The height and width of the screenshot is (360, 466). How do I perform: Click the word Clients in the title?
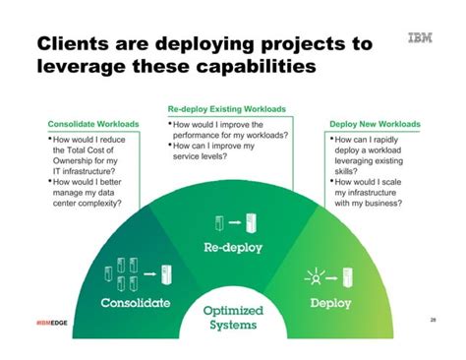[75, 45]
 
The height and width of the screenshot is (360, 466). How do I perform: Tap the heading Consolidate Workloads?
[93, 125]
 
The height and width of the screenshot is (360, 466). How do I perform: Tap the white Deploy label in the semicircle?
[330, 303]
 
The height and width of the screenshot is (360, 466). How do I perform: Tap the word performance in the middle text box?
[205, 137]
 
